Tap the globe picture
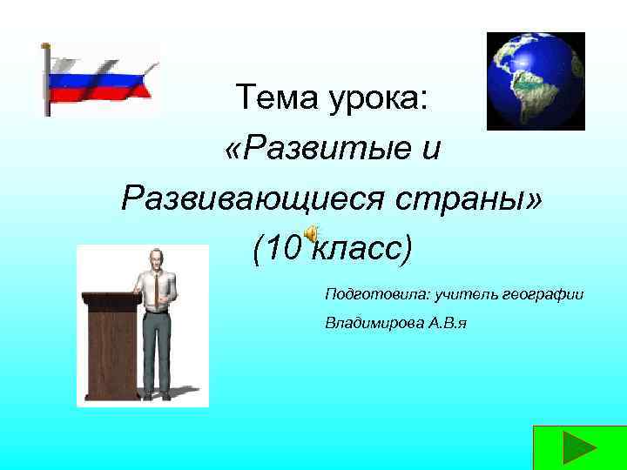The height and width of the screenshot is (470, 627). [535, 81]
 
